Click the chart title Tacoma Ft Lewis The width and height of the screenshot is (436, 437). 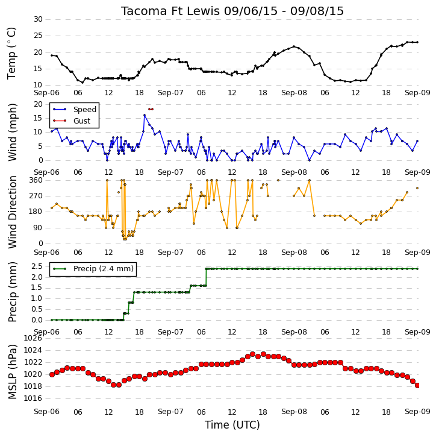pos(170,11)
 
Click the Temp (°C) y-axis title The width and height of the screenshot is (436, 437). pos(11,53)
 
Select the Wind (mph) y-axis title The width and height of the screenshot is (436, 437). pos(12,132)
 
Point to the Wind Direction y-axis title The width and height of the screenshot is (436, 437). pos(12,212)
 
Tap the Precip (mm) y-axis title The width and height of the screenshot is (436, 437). pos(12,292)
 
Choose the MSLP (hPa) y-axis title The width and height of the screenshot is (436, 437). pos(12,372)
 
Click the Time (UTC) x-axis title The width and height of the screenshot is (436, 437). pos(232,425)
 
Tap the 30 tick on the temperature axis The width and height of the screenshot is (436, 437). pos(38,19)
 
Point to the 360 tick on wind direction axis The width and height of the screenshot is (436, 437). pos(36,180)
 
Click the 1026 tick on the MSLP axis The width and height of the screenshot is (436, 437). pos(33,338)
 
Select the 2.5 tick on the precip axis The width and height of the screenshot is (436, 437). pos(37,266)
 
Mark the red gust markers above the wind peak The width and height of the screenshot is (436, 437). pos(151,109)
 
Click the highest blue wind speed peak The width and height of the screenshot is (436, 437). pos(145,115)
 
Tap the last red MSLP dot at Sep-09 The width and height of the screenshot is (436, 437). pos(417,385)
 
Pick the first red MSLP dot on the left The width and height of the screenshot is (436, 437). pos(52,374)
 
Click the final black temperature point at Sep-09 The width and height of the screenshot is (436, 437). pos(417,42)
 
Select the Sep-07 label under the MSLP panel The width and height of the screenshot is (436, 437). pos(170,412)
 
